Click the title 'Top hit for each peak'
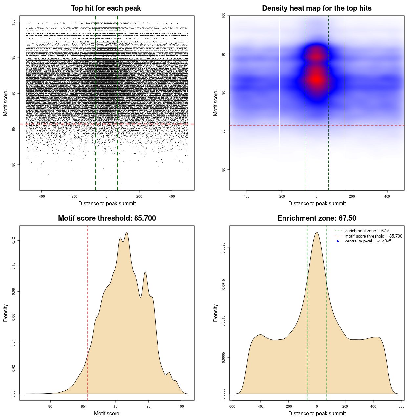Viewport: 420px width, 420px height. pyautogui.click(x=106, y=8)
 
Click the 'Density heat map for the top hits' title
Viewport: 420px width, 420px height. pyautogui.click(x=317, y=8)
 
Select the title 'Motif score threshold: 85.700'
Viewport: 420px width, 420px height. pyautogui.click(x=107, y=218)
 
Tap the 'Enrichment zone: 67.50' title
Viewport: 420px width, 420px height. pyautogui.click(x=317, y=218)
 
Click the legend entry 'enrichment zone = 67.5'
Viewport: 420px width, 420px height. pyautogui.click(x=367, y=231)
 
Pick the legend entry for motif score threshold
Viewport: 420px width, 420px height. pyautogui.click(x=373, y=236)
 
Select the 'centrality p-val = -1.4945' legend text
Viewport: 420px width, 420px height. pyautogui.click(x=368, y=241)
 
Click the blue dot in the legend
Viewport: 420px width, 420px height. pyautogui.click(x=338, y=241)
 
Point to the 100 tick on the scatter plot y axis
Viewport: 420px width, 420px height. pyautogui.click(x=14, y=22)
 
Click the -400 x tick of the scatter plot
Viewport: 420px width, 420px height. pyautogui.click(x=41, y=196)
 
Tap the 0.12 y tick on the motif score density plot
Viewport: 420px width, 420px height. pyautogui.click(x=14, y=241)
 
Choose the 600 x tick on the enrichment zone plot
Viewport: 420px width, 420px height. pyautogui.click(x=401, y=406)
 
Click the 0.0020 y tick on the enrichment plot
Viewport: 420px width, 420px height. pyautogui.click(x=224, y=248)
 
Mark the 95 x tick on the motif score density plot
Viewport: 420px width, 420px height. pyautogui.click(x=149, y=406)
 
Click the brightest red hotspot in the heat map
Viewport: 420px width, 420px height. pyautogui.click(x=316, y=79)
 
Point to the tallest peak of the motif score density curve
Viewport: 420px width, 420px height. pyautogui.click(x=127, y=233)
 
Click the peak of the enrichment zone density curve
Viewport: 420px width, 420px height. pyautogui.click(x=317, y=232)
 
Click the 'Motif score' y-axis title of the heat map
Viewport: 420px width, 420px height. pyautogui.click(x=215, y=103)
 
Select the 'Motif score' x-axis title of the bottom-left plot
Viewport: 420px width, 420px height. pyautogui.click(x=107, y=413)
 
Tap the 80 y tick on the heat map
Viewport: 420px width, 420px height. pyautogui.click(x=224, y=170)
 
